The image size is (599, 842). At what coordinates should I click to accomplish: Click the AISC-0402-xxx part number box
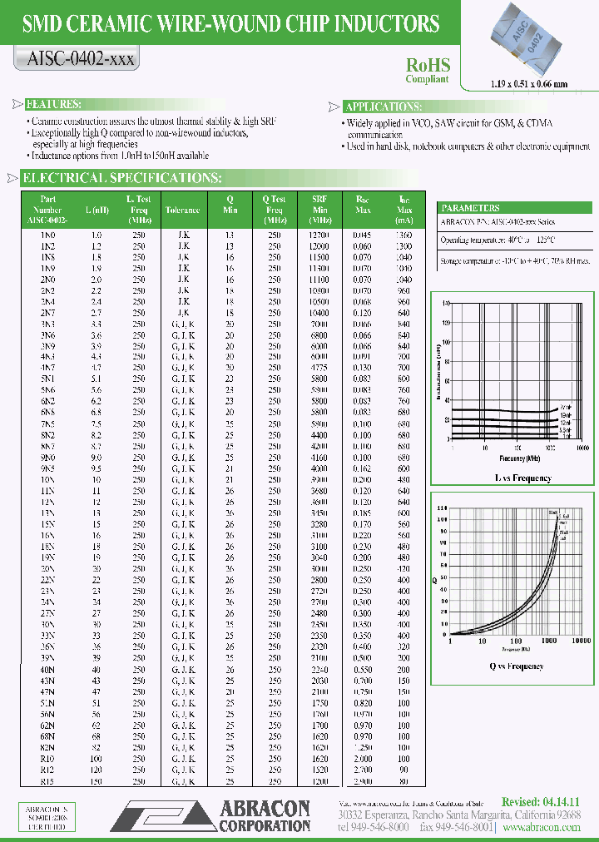pos(76,59)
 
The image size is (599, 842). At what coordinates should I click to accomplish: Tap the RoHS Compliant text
pos(428,70)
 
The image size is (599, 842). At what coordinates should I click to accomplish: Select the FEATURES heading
pos(53,105)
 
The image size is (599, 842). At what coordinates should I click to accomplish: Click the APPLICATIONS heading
pos(384,106)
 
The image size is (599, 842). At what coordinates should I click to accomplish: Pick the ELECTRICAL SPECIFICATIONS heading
pos(121,178)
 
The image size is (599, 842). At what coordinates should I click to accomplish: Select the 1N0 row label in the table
pos(48,235)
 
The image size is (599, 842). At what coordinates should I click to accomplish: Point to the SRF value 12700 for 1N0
pos(320,235)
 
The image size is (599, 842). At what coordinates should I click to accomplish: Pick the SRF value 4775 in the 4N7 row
pos(320,366)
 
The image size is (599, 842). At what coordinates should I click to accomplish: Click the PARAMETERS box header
pos(471,208)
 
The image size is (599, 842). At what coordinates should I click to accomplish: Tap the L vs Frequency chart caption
pos(512,478)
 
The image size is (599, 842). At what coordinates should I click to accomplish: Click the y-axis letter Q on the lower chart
pos(434,578)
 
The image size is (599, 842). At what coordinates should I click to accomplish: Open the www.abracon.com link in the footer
pos(542,827)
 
